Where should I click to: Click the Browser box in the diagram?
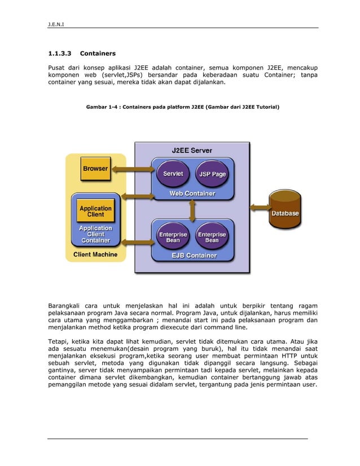tap(95, 169)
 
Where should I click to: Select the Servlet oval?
tap(173, 174)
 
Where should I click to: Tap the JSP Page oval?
tap(212, 174)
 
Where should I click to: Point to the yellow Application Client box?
tap(95, 212)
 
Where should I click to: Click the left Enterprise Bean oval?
tap(173, 237)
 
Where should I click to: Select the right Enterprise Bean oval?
tap(212, 237)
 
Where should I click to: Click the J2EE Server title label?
tap(192, 150)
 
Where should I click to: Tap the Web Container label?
tap(192, 194)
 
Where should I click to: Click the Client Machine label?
tap(95, 254)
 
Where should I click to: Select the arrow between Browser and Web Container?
tap(130, 169)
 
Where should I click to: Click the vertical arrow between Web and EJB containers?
tap(192, 210)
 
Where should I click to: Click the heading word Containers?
tap(98, 54)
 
